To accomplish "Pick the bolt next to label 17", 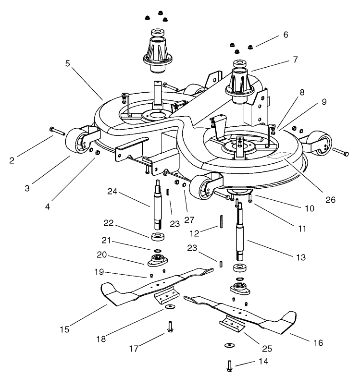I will pyautogui.click(x=170, y=326).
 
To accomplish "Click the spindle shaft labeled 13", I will pyautogui.click(x=239, y=235).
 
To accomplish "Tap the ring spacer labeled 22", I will pyautogui.click(x=158, y=237).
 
